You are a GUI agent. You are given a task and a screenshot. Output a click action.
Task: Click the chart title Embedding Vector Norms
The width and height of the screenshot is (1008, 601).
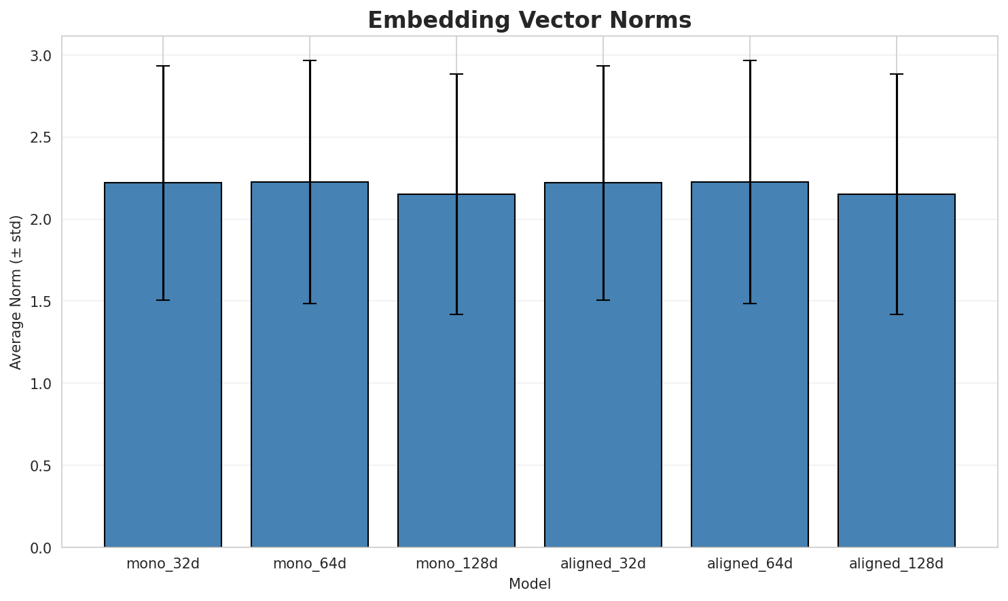[x=529, y=20]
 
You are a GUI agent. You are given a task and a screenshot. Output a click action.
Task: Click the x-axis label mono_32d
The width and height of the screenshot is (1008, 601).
[x=163, y=564]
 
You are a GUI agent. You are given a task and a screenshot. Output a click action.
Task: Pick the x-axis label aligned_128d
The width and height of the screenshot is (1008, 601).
[x=897, y=564]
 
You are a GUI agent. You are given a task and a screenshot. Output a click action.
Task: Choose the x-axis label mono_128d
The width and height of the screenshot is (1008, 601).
[x=456, y=564]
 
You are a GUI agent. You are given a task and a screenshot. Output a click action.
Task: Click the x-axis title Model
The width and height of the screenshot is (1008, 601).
[x=529, y=584]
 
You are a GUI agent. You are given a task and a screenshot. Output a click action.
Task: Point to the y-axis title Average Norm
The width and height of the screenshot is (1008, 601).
[x=16, y=292]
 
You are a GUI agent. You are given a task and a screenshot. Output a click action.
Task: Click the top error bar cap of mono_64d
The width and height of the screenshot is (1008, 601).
[x=310, y=60]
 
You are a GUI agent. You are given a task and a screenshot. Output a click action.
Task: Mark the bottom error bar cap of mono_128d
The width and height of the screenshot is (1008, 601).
[x=456, y=314]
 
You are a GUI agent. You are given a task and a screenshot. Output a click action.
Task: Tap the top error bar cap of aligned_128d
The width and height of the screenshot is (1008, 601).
[x=897, y=74]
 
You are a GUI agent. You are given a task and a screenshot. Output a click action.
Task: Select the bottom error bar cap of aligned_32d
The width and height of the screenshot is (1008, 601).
[x=603, y=300]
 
